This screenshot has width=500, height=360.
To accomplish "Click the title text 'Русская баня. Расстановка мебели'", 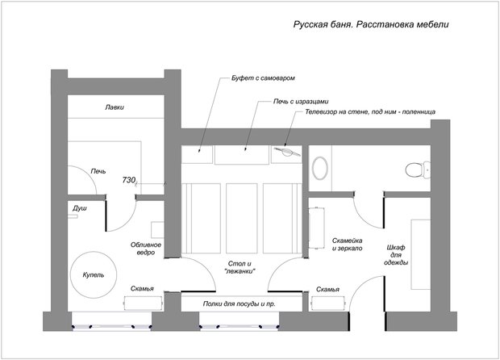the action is click(x=371, y=25).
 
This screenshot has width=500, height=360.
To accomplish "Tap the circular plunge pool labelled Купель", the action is click(x=94, y=274).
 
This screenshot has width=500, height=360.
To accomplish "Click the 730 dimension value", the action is click(x=129, y=180).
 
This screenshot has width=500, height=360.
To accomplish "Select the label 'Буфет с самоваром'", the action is click(x=263, y=78).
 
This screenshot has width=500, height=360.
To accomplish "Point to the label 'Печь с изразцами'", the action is click(x=301, y=102).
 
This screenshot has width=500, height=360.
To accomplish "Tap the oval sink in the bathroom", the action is click(x=320, y=168).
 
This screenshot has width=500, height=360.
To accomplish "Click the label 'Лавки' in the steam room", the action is click(x=115, y=107).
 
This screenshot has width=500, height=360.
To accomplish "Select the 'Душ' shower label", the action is click(x=80, y=208).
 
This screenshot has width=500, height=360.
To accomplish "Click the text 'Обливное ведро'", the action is click(x=146, y=249).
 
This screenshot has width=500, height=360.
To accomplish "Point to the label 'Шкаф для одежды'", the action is click(x=396, y=255).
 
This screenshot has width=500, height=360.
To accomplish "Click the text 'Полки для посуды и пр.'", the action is click(x=240, y=303).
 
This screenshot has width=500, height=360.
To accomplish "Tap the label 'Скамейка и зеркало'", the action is click(x=348, y=245).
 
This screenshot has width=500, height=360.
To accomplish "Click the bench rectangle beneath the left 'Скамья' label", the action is click(x=144, y=303).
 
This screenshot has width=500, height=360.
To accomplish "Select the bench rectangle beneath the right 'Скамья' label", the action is click(x=329, y=303).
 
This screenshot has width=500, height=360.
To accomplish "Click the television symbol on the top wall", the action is click(x=286, y=152).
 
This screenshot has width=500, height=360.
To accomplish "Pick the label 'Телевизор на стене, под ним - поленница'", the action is click(x=370, y=112).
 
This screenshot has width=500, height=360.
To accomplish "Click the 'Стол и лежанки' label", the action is click(x=240, y=267).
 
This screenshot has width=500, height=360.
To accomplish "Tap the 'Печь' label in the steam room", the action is click(x=98, y=171).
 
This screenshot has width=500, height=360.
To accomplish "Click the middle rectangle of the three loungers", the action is click(x=242, y=218).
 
